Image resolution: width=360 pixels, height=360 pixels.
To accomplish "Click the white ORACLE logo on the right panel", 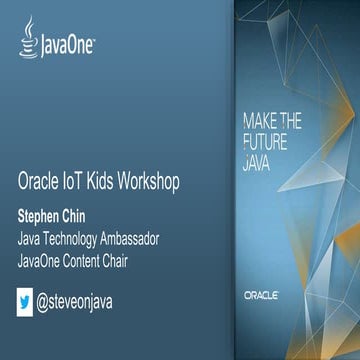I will pyautogui.click(x=264, y=296).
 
